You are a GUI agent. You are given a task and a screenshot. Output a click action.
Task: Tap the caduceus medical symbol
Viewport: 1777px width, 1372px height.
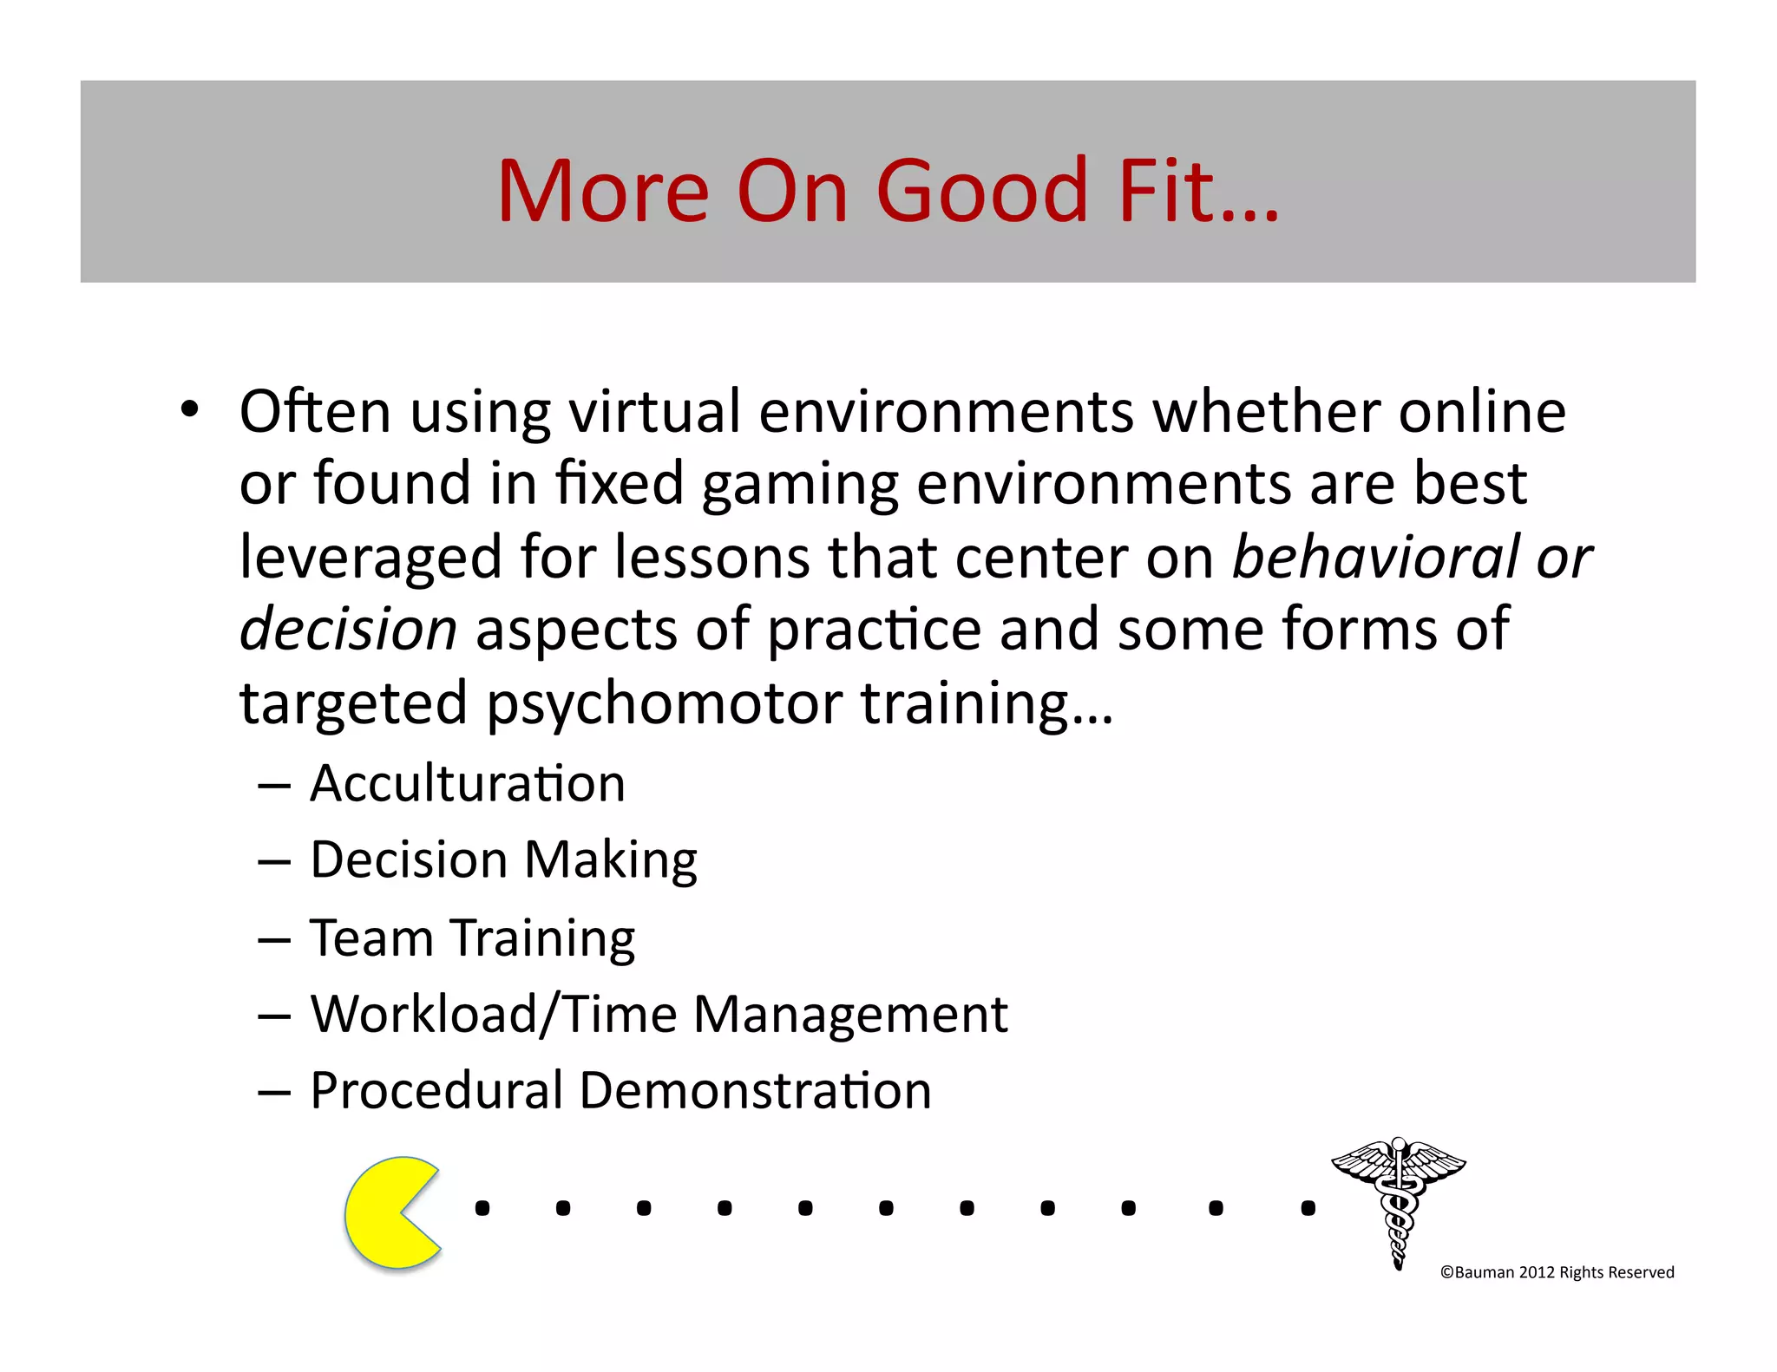pyautogui.click(x=1398, y=1201)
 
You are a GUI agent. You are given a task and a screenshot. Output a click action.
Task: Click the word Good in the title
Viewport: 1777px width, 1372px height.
pyautogui.click(x=982, y=191)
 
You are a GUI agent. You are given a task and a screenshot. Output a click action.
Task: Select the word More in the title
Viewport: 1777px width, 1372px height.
pyautogui.click(x=603, y=191)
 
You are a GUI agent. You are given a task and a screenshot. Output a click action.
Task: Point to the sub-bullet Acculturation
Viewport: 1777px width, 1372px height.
pyautogui.click(x=467, y=784)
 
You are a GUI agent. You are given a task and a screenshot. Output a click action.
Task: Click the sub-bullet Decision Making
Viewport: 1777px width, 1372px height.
pyautogui.click(x=503, y=860)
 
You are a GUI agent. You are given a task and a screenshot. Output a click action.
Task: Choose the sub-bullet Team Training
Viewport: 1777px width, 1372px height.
pyautogui.click(x=472, y=938)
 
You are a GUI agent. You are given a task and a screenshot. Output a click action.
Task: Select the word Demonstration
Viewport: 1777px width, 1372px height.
pyautogui.click(x=755, y=1090)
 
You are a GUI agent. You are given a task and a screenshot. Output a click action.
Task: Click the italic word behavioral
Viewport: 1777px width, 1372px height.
pyautogui.click(x=1375, y=557)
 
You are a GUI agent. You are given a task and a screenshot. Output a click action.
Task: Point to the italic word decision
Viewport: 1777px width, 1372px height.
pyautogui.click(x=348, y=630)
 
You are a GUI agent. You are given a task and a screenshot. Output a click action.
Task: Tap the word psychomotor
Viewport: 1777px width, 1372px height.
pyautogui.click(x=664, y=703)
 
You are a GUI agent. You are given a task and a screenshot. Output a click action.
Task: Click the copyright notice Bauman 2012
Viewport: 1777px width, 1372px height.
pyautogui.click(x=1557, y=1272)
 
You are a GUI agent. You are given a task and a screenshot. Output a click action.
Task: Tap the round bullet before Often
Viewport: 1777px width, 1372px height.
pyautogui.click(x=190, y=408)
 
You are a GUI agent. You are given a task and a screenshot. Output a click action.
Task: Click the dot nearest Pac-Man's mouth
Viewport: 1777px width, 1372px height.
pyautogui.click(x=482, y=1208)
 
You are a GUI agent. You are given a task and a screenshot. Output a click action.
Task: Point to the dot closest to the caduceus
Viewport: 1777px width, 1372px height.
pyautogui.click(x=1308, y=1208)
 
